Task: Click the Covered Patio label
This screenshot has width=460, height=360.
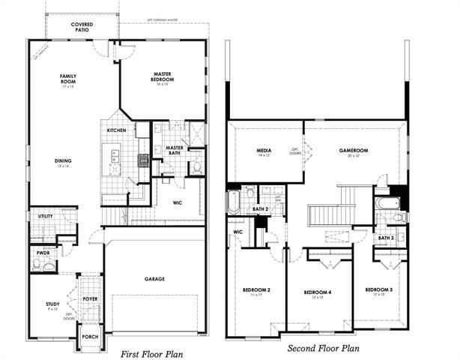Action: click(82, 27)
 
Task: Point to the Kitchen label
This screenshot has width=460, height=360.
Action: click(116, 130)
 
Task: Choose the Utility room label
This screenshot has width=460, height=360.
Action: click(44, 216)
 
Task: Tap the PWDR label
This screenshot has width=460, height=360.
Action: click(42, 253)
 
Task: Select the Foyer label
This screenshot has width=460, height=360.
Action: click(90, 298)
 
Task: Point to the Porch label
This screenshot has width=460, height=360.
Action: click(90, 337)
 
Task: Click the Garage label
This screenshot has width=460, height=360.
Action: click(155, 279)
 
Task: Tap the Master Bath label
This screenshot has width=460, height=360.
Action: click(175, 150)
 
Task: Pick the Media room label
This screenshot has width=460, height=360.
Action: click(264, 151)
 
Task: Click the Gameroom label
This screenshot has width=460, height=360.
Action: click(350, 151)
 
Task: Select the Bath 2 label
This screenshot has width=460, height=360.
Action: click(260, 209)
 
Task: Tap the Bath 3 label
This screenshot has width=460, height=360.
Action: click(386, 238)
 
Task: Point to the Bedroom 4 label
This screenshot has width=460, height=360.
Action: click(318, 291)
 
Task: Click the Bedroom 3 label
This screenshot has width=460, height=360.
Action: click(379, 289)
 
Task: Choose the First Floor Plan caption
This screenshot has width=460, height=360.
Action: click(153, 352)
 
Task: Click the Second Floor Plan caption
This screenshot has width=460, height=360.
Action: click(324, 348)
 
